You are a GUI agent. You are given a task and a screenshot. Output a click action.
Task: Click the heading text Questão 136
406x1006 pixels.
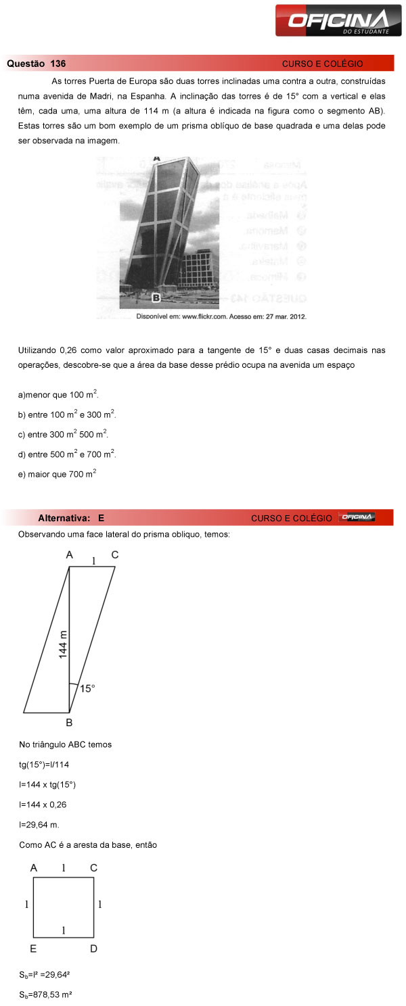(x=37, y=64)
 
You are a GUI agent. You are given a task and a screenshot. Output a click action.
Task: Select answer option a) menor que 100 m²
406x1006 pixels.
(x=53, y=393)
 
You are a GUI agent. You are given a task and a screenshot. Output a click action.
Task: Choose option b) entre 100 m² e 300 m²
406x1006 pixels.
(x=67, y=414)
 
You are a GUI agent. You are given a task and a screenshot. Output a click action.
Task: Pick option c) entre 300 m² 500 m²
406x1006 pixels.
(x=63, y=434)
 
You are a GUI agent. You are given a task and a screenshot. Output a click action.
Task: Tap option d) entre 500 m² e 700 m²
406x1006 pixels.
(x=67, y=454)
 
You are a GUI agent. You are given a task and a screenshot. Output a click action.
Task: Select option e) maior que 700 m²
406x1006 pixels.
(x=57, y=475)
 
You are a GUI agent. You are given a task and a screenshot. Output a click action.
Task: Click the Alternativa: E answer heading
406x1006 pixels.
(x=71, y=518)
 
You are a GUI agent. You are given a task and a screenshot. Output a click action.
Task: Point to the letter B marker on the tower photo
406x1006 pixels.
(x=155, y=297)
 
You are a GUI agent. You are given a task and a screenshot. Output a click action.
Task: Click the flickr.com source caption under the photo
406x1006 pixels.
(x=221, y=316)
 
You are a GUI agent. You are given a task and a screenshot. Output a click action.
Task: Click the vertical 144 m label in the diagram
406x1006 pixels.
(x=63, y=644)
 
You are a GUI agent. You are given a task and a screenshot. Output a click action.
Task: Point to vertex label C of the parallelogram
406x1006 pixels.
(x=114, y=555)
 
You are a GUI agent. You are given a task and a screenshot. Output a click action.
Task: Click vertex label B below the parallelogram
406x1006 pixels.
(x=69, y=722)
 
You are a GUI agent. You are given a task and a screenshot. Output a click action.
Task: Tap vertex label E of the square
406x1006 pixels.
(x=33, y=949)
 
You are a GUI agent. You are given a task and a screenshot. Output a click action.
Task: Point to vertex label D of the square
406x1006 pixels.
(x=93, y=949)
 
